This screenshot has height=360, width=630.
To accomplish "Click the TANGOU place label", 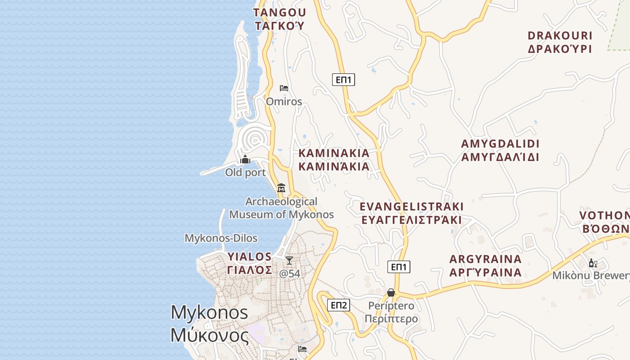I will click(279, 19).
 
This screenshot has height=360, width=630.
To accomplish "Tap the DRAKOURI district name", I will click(560, 42).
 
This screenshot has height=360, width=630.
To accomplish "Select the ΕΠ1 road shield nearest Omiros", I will click(344, 80).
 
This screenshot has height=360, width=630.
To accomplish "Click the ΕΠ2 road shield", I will click(339, 306).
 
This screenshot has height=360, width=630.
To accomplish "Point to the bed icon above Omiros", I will click(284, 88).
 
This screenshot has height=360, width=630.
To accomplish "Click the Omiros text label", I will click(284, 101).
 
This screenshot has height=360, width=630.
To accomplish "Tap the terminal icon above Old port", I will click(245, 159).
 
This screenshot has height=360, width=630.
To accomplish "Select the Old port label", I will click(245, 172).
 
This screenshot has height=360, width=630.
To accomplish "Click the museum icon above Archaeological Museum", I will click(281, 188).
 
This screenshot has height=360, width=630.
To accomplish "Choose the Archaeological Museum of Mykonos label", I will click(282, 208).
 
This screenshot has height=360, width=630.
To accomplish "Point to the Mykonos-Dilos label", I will click(221, 238).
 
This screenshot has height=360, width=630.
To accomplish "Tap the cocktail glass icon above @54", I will click(289, 261).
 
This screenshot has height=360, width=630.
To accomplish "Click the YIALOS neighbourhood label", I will click(250, 263).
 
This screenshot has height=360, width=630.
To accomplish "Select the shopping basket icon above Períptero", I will click(391, 292).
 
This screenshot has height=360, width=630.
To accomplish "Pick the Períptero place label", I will click(391, 312).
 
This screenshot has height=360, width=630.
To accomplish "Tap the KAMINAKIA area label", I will click(334, 160).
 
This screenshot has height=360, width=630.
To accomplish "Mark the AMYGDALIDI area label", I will click(500, 150).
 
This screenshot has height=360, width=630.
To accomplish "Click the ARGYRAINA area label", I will click(486, 265).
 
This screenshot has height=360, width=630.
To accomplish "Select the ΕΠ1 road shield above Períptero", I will click(399, 267).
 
